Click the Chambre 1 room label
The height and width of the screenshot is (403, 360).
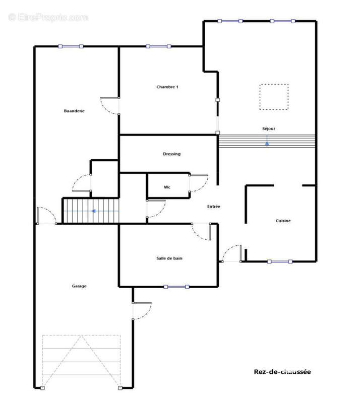point(167,87)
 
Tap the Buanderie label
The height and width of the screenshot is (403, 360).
point(74,111)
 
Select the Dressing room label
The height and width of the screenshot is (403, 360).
point(171,154)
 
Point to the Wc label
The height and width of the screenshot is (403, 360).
point(167,187)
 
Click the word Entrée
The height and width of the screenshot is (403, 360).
point(214,207)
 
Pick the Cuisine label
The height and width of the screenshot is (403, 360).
point(283,221)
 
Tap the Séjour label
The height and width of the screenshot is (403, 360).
point(269,128)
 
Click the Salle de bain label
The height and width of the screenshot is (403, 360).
point(169,258)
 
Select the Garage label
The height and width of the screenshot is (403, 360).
point(79,286)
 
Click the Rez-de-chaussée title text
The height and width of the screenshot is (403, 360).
point(282,372)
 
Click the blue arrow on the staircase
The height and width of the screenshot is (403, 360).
point(94,211)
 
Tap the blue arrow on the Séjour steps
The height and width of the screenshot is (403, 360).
point(267,143)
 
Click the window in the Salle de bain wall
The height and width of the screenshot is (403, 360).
point(176,287)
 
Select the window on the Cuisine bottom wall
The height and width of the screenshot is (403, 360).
point(280,261)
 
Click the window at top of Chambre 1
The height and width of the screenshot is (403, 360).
point(158,46)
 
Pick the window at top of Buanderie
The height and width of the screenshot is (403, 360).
point(71,46)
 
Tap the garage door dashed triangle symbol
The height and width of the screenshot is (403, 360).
point(81,361)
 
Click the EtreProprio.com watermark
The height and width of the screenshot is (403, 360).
point(48,18)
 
